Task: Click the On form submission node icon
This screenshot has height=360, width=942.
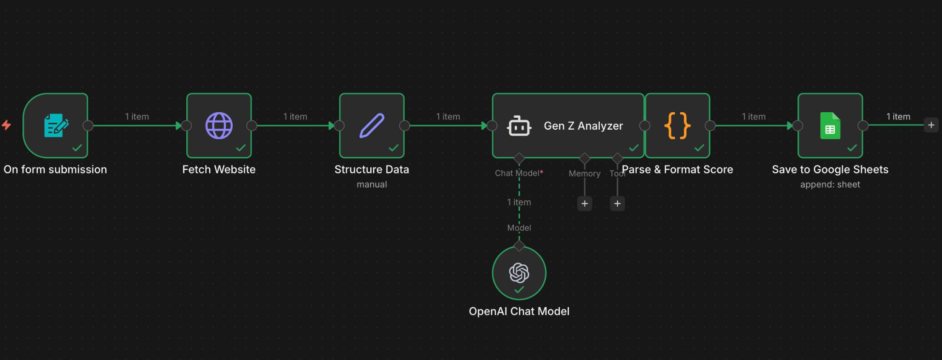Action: pyautogui.click(x=56, y=126)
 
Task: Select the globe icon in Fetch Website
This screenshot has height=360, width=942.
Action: pyautogui.click(x=219, y=126)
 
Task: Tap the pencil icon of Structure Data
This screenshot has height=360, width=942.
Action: pyautogui.click(x=372, y=126)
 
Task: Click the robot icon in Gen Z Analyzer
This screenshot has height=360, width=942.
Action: pyautogui.click(x=519, y=126)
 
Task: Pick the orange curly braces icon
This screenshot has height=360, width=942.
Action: pyautogui.click(x=677, y=126)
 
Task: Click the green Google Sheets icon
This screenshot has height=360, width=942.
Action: pyautogui.click(x=830, y=126)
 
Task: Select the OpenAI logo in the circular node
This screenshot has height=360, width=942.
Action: pyautogui.click(x=519, y=273)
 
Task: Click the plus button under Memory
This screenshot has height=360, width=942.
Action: pyautogui.click(x=585, y=203)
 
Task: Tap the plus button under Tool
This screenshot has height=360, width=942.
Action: pyautogui.click(x=617, y=203)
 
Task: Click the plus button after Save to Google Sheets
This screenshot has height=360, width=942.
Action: pyautogui.click(x=931, y=125)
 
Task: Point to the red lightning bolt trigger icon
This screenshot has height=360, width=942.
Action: pyautogui.click(x=6, y=125)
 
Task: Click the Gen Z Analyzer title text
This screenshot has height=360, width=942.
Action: pyautogui.click(x=583, y=126)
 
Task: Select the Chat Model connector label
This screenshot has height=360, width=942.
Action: pyautogui.click(x=517, y=173)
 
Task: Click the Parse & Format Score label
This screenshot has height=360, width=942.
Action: pyautogui.click(x=677, y=170)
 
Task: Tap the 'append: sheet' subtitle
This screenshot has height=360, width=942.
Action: pyautogui.click(x=830, y=184)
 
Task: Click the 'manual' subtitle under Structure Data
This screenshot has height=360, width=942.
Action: pyautogui.click(x=372, y=184)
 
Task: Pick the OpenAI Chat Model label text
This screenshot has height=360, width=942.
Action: pyautogui.click(x=519, y=311)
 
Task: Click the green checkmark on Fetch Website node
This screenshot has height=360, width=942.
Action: pyautogui.click(x=241, y=148)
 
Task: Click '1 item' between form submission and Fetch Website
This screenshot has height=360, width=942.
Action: pyautogui.click(x=137, y=117)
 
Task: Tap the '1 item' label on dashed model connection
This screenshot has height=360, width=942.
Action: pyautogui.click(x=519, y=202)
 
